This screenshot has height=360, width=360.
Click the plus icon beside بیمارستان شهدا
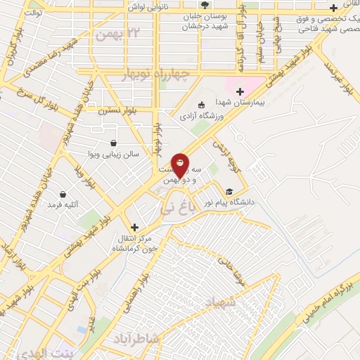tap(240, 91)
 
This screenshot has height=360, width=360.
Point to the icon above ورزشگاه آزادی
tap(202, 104)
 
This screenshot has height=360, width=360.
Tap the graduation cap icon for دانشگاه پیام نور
tap(229, 191)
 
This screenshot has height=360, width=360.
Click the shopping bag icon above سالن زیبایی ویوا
tap(113, 141)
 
